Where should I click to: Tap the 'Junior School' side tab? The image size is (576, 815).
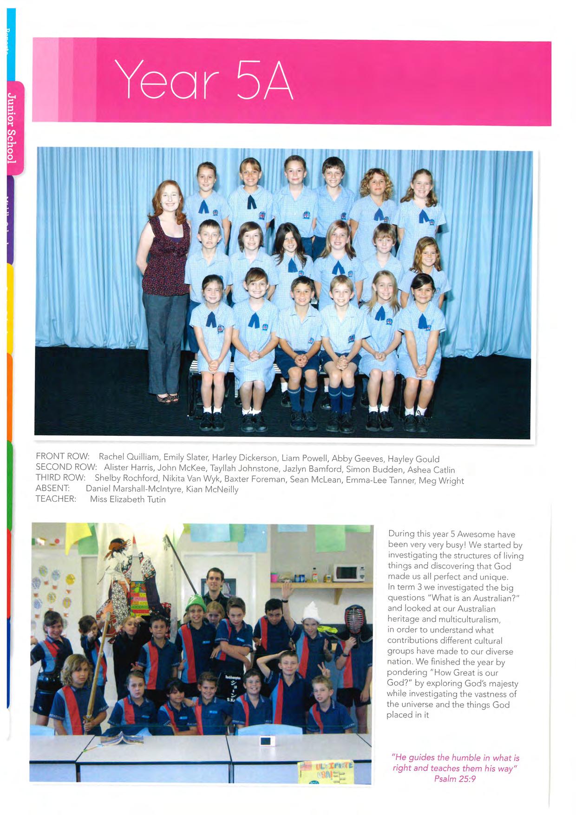tap(13, 127)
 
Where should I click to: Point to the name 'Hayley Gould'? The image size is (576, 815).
tap(413, 460)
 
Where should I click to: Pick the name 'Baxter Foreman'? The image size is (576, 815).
tap(255, 479)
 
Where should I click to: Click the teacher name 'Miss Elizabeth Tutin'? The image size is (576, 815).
tap(128, 500)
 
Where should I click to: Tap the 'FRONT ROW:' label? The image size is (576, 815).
tap(62, 456)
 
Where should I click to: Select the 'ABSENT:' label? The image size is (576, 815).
tap(52, 488)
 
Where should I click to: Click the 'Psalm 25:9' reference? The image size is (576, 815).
tap(455, 779)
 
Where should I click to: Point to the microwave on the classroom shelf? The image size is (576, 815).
tap(348, 572)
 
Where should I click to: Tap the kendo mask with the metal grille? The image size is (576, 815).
tap(355, 619)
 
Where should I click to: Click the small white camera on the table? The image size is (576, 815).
tap(266, 741)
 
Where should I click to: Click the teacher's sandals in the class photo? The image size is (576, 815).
tap(168, 398)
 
